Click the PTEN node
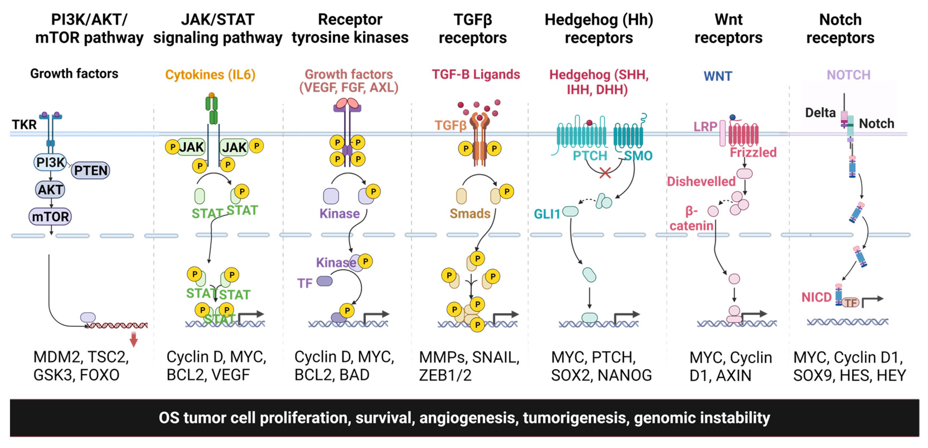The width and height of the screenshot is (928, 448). (90, 170)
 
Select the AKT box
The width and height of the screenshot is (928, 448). (50, 189)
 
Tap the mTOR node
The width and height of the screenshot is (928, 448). (50, 216)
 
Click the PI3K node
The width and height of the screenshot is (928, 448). (50, 162)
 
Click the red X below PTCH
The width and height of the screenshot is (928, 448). (605, 173)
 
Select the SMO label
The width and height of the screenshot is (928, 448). (638, 156)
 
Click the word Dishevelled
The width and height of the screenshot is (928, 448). (701, 181)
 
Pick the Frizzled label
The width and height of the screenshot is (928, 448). (753, 152)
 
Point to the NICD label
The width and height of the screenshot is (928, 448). (816, 297)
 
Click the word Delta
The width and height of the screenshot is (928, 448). (820, 113)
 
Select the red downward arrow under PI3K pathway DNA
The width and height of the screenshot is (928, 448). (134, 339)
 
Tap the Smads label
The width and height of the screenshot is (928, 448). (470, 214)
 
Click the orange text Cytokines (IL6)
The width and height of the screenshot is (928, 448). (210, 75)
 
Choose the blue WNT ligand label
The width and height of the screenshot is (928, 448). (718, 76)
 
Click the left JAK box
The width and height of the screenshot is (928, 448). (191, 147)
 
